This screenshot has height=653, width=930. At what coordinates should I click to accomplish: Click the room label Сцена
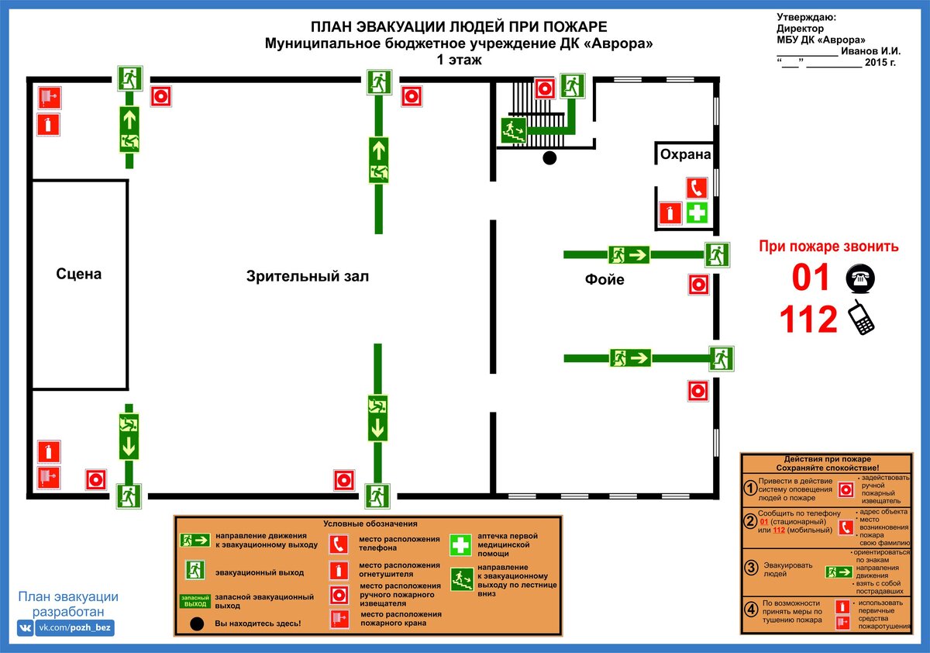click(x=78, y=274)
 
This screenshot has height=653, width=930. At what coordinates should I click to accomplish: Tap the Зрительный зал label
click(x=307, y=276)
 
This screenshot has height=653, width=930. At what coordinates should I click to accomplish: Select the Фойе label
click(x=604, y=279)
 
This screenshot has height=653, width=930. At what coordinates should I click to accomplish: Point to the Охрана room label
click(x=685, y=154)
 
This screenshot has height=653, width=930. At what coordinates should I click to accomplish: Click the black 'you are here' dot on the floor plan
click(x=549, y=158)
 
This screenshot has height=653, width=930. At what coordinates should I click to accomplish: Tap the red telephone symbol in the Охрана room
click(x=697, y=188)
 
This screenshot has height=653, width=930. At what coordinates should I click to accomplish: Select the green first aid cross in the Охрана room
click(x=697, y=213)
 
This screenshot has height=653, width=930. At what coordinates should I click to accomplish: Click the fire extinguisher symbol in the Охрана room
click(x=670, y=213)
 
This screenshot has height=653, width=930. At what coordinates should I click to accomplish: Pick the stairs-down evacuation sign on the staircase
click(x=514, y=130)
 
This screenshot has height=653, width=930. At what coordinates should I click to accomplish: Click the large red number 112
click(x=808, y=319)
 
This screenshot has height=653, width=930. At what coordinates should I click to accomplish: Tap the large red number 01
click(x=810, y=277)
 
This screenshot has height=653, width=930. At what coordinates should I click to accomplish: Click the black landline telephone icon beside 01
click(x=860, y=278)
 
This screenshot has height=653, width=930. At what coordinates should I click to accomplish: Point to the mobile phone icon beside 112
click(x=861, y=317)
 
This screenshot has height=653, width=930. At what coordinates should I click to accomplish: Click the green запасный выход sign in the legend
click(x=195, y=601)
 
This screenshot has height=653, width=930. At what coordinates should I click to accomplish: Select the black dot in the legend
click(x=197, y=624)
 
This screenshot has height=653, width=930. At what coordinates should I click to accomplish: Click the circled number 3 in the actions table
click(x=751, y=568)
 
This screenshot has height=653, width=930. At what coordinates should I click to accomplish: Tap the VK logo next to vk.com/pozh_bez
click(x=26, y=627)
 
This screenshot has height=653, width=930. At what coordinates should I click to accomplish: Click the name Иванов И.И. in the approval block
click(x=870, y=51)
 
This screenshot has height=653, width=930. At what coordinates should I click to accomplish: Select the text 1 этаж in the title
click(x=459, y=60)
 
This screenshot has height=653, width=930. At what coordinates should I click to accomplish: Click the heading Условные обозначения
click(x=370, y=523)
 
